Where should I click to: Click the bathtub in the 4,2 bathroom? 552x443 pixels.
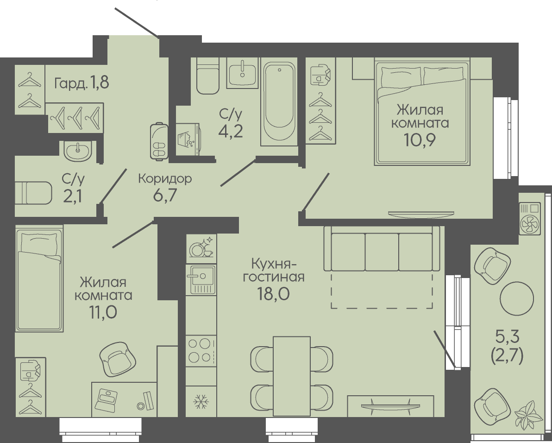click(280, 104)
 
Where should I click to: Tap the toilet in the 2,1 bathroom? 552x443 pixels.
click(33, 193)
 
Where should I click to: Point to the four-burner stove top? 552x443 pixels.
click(201, 350)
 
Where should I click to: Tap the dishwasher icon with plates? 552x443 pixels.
click(201, 246)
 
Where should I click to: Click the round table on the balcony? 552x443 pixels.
click(517, 298)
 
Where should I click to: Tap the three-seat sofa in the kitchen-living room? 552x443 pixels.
click(382, 249)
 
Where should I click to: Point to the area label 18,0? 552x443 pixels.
click(273, 294)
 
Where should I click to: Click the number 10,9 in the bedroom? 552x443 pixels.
click(420, 140)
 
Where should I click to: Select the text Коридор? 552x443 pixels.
click(165, 178)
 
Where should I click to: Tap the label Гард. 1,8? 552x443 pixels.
click(82, 83)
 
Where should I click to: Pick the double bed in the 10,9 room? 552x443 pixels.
click(422, 113)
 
